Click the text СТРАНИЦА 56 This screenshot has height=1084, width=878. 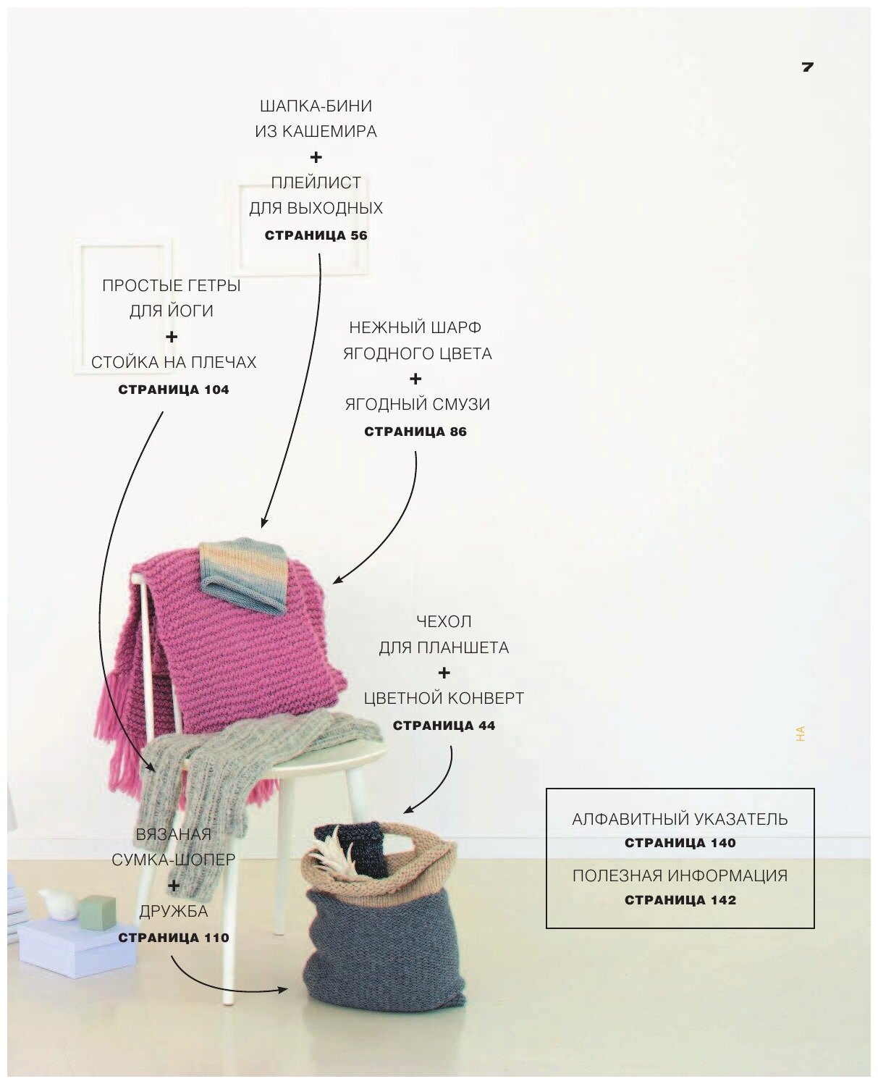click(x=316, y=235)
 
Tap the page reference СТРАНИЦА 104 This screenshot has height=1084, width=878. click(x=174, y=390)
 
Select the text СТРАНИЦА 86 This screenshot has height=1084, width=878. click(x=415, y=432)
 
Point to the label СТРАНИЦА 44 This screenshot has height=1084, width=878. click(x=444, y=725)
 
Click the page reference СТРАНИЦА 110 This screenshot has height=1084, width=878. click(x=174, y=938)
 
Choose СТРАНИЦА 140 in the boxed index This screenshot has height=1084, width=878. click(x=680, y=843)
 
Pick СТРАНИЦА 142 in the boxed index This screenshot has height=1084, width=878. click(x=680, y=900)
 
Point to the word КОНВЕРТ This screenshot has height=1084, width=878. click(x=486, y=698)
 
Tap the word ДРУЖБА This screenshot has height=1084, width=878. click(x=174, y=911)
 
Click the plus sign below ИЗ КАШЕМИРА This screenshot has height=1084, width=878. click(x=316, y=157)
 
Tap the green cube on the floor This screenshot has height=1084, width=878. click(x=92, y=908)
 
